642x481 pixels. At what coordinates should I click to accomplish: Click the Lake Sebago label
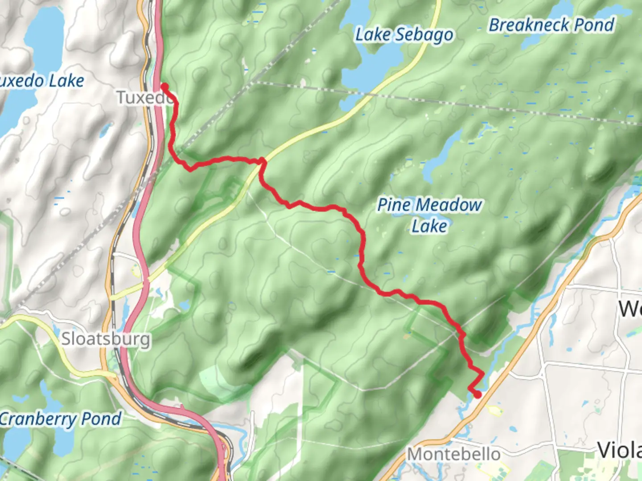(404, 35)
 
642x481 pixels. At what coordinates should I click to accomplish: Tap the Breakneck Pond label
(551, 25)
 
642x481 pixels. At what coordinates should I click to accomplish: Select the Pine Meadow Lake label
(429, 215)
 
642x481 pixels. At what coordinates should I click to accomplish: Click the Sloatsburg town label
(106, 339)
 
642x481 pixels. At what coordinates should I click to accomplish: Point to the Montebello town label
(454, 454)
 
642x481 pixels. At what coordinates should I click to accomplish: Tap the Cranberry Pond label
(60, 419)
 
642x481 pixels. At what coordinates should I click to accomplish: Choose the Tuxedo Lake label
(42, 81)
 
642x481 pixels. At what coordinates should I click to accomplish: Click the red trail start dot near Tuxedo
(165, 86)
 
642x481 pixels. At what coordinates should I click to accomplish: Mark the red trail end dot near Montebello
(477, 394)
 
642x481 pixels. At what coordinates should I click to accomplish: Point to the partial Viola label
(620, 450)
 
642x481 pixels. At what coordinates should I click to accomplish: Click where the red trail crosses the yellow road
(262, 161)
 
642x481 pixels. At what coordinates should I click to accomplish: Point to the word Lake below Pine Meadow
(429, 226)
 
